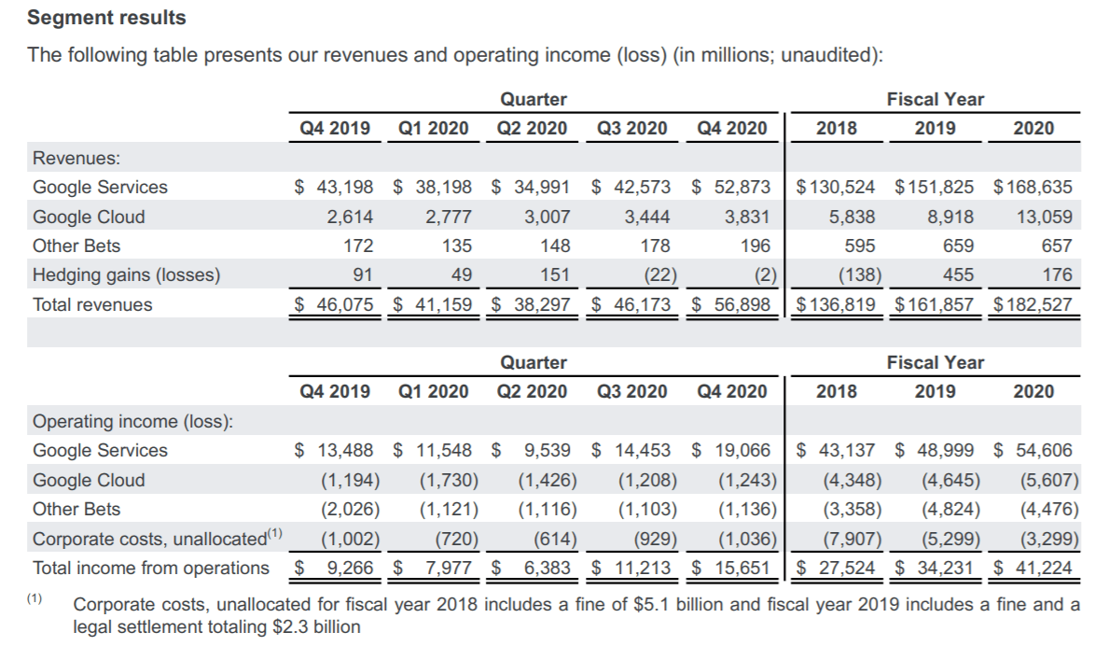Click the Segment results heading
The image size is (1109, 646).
point(106,18)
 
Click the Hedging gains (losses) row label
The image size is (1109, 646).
point(126,275)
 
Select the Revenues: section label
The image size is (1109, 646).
point(70,158)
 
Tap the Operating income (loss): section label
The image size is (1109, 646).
point(132,421)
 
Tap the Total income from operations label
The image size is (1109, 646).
point(150,568)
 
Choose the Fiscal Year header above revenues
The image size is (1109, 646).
point(935,99)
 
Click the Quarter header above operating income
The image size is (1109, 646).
point(533,362)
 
